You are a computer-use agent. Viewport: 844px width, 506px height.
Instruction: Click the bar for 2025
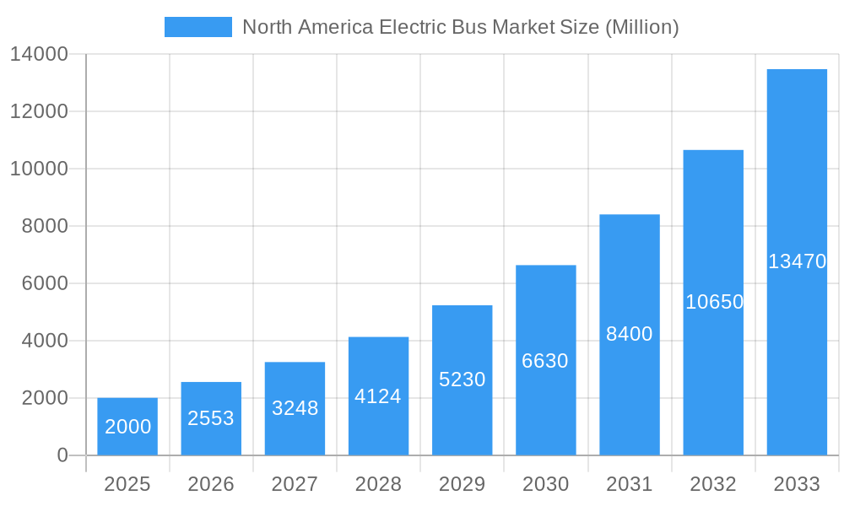(x=127, y=427)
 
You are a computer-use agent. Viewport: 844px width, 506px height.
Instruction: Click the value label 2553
(x=211, y=418)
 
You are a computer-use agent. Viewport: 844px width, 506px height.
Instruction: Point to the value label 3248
(x=295, y=408)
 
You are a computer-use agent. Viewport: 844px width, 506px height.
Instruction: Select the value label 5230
(x=463, y=379)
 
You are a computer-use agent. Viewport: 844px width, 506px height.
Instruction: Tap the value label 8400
(x=630, y=334)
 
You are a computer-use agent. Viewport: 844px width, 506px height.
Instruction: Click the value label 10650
(x=714, y=302)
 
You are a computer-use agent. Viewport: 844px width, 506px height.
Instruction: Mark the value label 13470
(x=797, y=261)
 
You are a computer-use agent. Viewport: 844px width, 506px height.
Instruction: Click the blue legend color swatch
(x=198, y=27)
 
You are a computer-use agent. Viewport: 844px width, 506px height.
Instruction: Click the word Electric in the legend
(x=409, y=27)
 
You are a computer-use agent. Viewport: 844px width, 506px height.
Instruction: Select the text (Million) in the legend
(x=641, y=27)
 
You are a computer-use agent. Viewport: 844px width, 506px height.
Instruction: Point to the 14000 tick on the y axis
(x=39, y=54)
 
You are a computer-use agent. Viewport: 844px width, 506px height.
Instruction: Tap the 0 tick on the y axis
(x=62, y=455)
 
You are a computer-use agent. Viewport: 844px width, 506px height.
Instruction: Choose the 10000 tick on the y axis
(x=39, y=169)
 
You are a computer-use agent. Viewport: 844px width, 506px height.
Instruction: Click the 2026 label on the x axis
(x=211, y=484)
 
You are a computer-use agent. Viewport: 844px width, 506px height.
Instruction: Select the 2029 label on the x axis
(x=463, y=484)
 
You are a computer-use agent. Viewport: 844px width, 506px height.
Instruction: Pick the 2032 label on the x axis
(x=713, y=484)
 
